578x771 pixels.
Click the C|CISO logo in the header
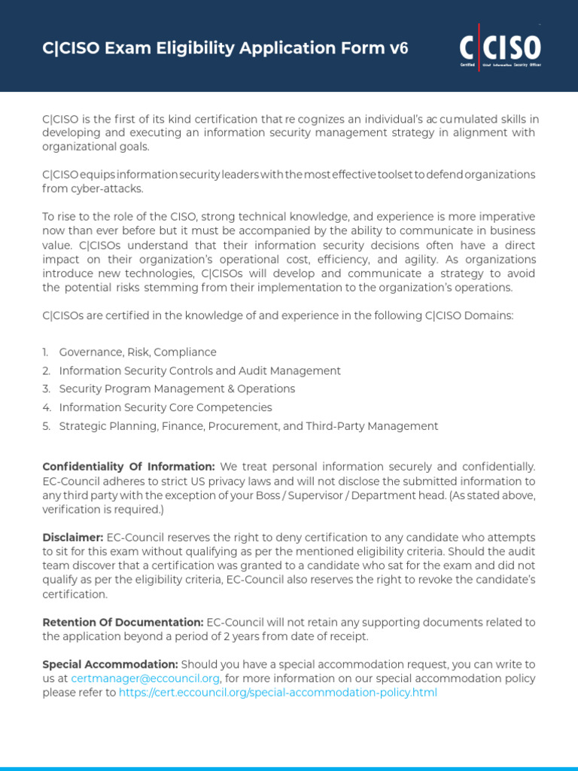pos(500,47)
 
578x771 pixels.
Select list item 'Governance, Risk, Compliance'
pos(138,352)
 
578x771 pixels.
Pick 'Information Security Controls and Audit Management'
pos(199,370)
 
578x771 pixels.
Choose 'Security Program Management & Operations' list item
pos(177,389)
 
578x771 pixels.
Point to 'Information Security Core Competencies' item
pos(166,407)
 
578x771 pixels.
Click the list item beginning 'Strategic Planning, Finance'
pos(248,426)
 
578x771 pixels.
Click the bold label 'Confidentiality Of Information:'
pos(129,468)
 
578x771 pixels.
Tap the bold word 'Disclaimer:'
pos(73,538)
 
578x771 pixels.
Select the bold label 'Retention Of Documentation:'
pos(123,622)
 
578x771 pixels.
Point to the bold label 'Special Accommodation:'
pos(110,664)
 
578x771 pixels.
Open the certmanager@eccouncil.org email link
pos(145,678)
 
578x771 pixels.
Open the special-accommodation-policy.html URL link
pos(278,693)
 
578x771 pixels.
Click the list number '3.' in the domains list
pos(46,389)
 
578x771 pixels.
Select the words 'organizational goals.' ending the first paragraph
pos(96,146)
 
